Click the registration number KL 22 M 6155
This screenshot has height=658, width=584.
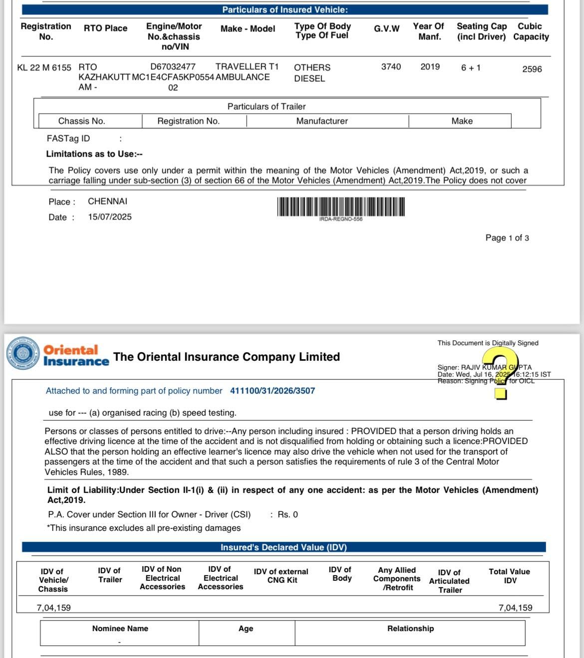click(44, 67)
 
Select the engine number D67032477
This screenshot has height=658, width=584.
click(173, 66)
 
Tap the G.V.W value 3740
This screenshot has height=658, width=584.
click(391, 66)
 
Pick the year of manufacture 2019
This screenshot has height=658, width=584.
click(430, 66)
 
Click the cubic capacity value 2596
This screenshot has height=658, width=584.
click(532, 69)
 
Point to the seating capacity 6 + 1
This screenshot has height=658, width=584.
click(471, 67)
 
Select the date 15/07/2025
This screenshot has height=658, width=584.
click(110, 217)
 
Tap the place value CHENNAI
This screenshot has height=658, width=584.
click(107, 201)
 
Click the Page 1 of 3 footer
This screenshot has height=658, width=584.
click(507, 238)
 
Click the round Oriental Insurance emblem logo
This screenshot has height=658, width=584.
click(22, 354)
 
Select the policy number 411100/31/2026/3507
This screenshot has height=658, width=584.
click(273, 391)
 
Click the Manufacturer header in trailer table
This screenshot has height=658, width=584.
click(322, 121)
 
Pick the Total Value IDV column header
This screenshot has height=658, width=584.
click(510, 576)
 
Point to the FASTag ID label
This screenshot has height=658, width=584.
click(68, 138)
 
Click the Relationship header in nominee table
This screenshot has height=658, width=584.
click(410, 629)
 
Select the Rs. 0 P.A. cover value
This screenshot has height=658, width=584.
click(288, 514)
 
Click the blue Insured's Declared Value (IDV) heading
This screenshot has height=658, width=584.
click(284, 547)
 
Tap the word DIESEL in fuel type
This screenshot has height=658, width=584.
click(309, 78)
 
